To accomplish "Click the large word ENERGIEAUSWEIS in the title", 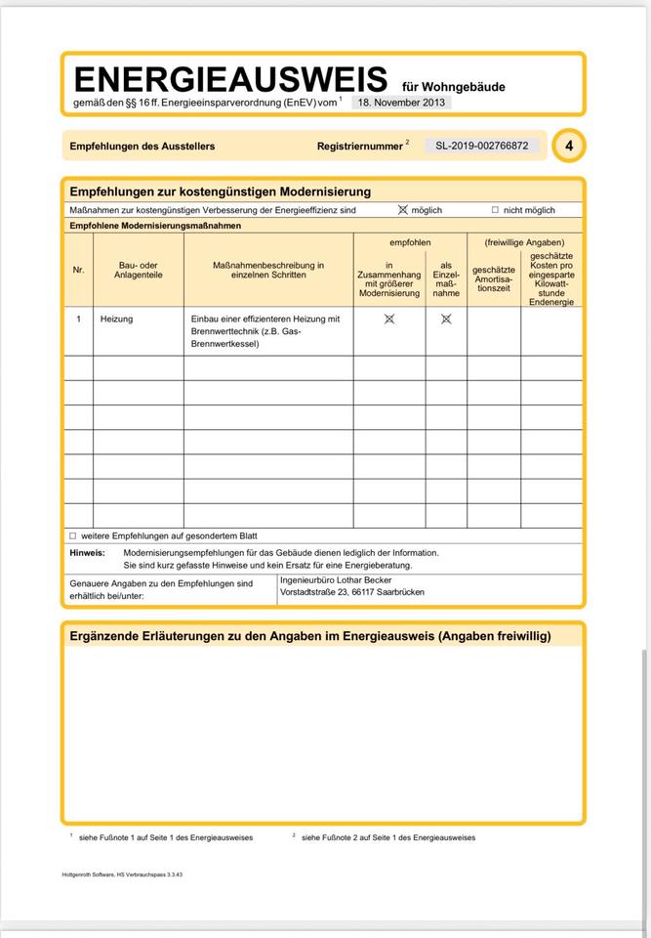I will click(x=230, y=79).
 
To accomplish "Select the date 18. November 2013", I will click(x=401, y=102).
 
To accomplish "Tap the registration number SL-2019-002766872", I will click(x=482, y=146).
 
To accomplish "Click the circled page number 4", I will click(x=569, y=147).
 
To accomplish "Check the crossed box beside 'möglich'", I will click(x=402, y=210).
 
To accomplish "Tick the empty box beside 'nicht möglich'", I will click(x=495, y=210).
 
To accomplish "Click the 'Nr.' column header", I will click(x=78, y=270).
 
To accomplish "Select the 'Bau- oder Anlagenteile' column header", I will click(x=138, y=270).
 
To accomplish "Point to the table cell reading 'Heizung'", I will click(x=116, y=320).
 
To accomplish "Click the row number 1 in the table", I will click(x=78, y=320).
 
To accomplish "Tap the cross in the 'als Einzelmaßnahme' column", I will click(x=446, y=320).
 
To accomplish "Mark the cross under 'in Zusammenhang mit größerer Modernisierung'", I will click(x=389, y=320).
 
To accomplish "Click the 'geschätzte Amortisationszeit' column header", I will click(x=493, y=279).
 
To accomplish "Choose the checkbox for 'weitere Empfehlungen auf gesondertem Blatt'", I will click(x=73, y=536).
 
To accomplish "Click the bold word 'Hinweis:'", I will click(x=87, y=553).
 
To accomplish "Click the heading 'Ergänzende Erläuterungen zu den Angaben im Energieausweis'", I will click(x=310, y=636).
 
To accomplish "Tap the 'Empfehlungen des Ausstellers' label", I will click(x=142, y=147).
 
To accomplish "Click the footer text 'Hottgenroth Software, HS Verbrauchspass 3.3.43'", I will click(x=121, y=874).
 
